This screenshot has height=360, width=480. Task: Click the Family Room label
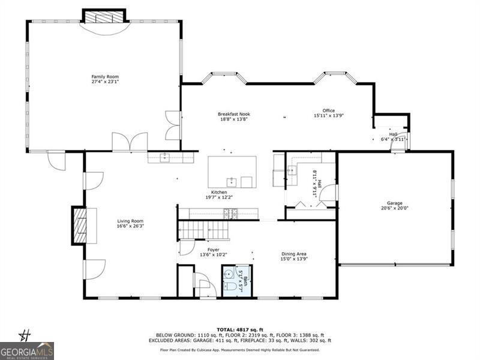[x=105, y=77]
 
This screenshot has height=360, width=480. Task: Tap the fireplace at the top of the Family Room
[x=104, y=17]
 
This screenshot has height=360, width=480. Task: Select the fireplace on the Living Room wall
[x=79, y=225]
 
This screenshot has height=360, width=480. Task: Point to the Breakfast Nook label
[x=233, y=114]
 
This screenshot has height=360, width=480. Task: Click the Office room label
[x=328, y=110]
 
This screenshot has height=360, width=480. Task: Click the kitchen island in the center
[x=232, y=172]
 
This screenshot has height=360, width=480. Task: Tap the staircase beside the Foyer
[x=201, y=229]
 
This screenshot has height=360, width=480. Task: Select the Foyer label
[x=213, y=250]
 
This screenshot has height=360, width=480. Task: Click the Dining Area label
[x=294, y=254]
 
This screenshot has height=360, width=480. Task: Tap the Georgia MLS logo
[x=27, y=350]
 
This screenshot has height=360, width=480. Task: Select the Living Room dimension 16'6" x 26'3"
[x=130, y=226]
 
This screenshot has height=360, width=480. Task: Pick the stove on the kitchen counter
[x=230, y=213]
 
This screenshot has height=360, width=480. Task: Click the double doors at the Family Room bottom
[x=129, y=142]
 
